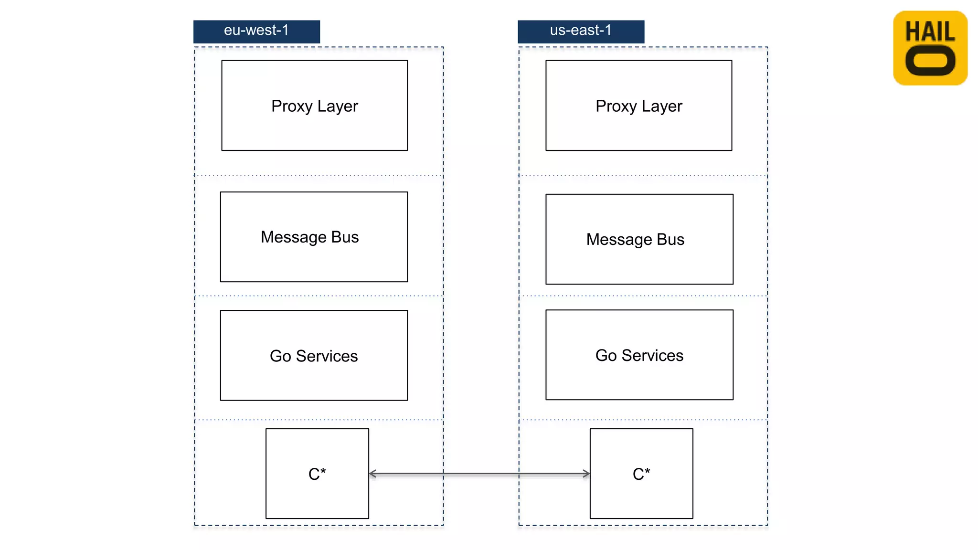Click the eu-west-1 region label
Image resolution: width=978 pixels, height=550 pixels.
pyautogui.click(x=256, y=31)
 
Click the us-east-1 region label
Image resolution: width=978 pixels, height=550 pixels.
pyautogui.click(x=581, y=31)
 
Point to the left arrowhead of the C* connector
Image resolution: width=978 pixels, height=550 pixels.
pyautogui.click(x=372, y=474)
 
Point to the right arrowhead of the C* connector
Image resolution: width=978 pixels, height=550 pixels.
pyautogui.click(x=586, y=474)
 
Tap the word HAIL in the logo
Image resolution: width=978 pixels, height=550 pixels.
pyautogui.click(x=930, y=32)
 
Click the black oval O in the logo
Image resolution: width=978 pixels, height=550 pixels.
pyautogui.click(x=930, y=61)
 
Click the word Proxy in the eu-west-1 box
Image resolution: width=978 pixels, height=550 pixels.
pyautogui.click(x=291, y=106)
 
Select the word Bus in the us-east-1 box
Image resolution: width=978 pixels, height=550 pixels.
pyautogui.click(x=670, y=239)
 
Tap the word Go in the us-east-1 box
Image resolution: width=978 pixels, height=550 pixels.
pyautogui.click(x=606, y=356)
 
